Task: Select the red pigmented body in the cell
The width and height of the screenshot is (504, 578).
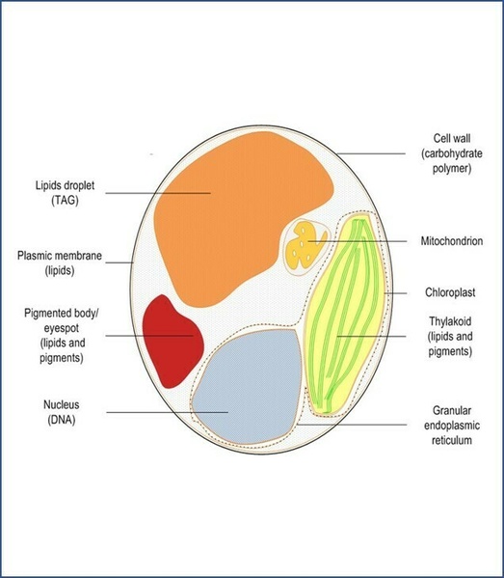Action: click(x=172, y=341)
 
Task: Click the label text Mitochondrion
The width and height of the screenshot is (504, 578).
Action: click(x=452, y=241)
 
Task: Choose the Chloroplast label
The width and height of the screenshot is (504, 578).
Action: click(x=450, y=292)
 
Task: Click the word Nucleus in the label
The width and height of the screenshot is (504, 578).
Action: click(x=61, y=404)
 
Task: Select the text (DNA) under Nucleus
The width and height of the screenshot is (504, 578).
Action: click(x=61, y=420)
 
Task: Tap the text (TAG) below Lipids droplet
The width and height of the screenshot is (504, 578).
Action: click(x=65, y=201)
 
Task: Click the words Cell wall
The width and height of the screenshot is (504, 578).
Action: click(x=452, y=138)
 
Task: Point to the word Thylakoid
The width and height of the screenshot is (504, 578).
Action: click(x=450, y=321)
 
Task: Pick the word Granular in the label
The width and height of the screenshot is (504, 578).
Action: click(x=452, y=410)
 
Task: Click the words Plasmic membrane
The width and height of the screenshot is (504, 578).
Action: click(x=60, y=256)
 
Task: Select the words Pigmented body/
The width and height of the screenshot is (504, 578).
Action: click(x=62, y=314)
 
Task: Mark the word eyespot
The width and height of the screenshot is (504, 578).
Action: click(x=62, y=328)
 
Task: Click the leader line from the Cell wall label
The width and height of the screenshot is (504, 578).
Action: click(x=371, y=153)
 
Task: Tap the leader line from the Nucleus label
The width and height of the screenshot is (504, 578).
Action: click(x=168, y=412)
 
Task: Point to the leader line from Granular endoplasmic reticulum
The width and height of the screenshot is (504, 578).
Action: click(x=352, y=425)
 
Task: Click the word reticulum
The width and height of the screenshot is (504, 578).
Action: click(x=452, y=440)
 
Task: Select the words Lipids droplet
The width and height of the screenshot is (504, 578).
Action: click(x=65, y=185)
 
